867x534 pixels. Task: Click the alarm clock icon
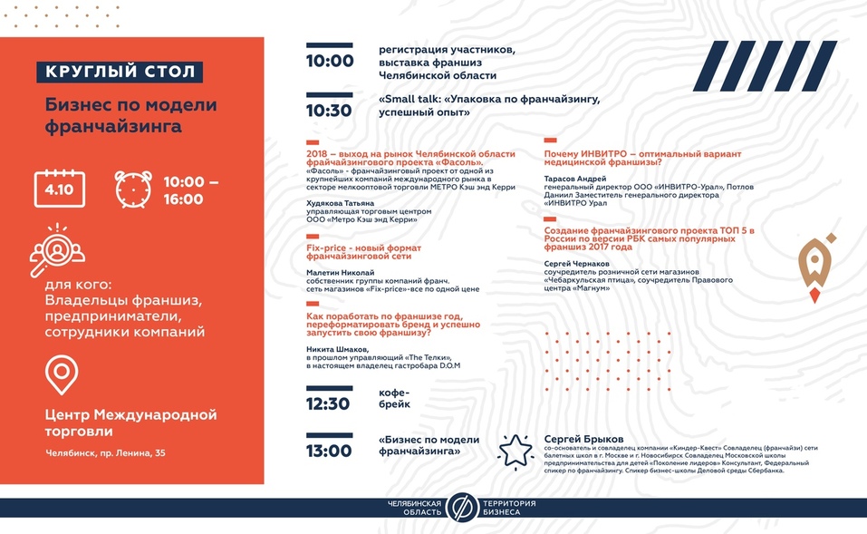[x=133, y=189]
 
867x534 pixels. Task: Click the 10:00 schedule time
[x=330, y=62]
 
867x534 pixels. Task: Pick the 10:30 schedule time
[x=330, y=111]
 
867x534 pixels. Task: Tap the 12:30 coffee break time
[x=329, y=403]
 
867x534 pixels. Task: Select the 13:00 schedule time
[x=329, y=451]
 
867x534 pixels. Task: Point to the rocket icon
[x=818, y=266]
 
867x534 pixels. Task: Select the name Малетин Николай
[x=340, y=271]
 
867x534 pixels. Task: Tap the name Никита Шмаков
[x=338, y=349]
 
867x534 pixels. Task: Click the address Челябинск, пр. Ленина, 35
[x=106, y=452]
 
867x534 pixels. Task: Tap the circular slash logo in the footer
[x=461, y=507]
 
